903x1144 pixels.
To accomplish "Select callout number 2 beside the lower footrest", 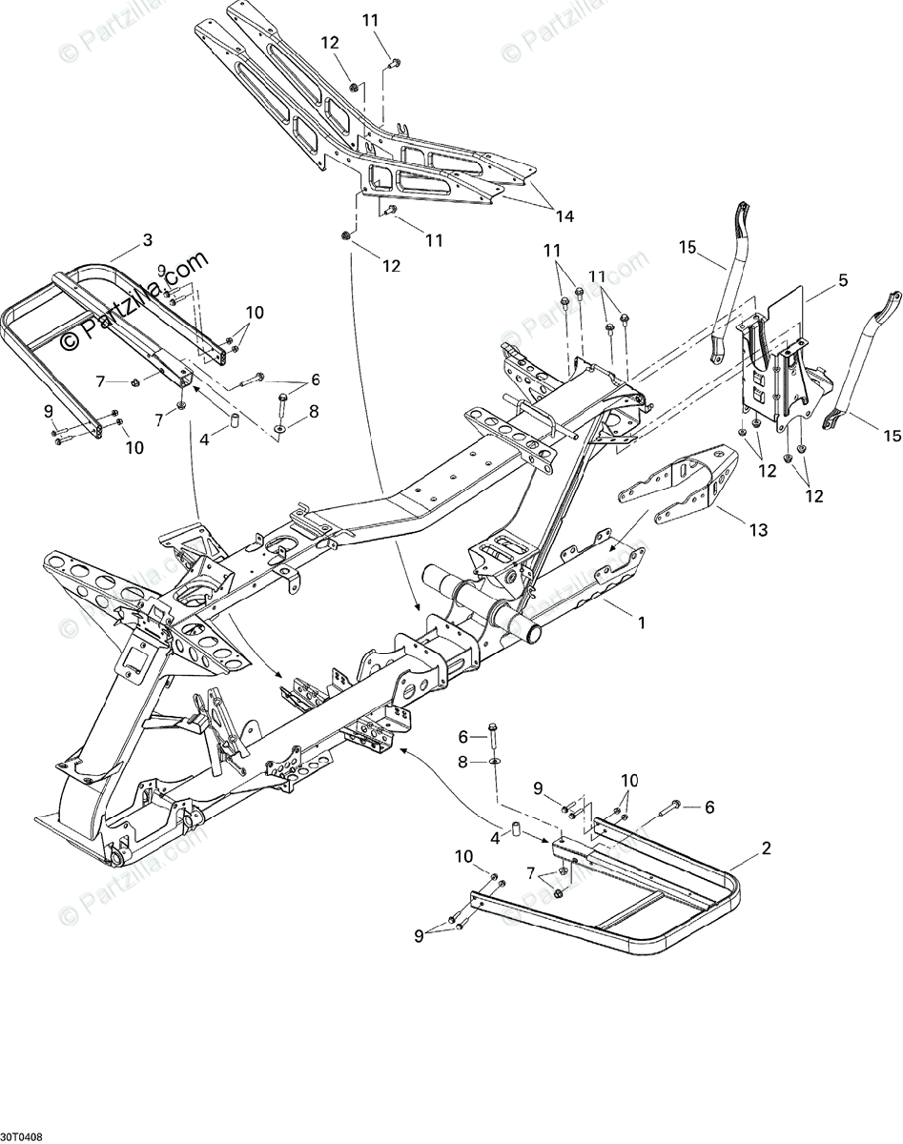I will pos(766,848).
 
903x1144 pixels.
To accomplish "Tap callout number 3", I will pos(146,240).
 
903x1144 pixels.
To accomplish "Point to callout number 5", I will pos(842,280).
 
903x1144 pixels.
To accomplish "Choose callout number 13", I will pos(758,530).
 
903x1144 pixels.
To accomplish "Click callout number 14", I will pos(565,216).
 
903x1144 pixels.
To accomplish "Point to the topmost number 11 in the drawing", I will pos(370,20).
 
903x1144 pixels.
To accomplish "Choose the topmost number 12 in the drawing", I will pos(329,42).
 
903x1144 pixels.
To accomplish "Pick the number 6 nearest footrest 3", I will pos(315,379).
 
